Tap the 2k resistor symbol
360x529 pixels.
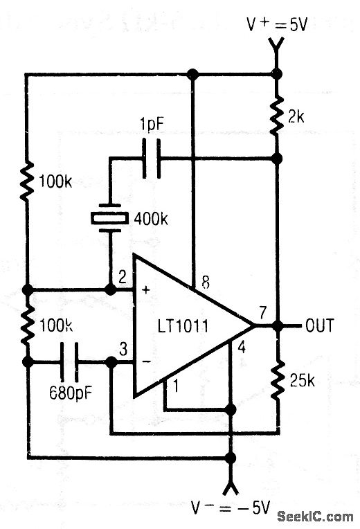coord(277,116)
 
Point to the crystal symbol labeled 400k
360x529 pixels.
coord(109,217)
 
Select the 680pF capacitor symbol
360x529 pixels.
coord(71,361)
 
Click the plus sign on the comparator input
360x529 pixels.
coord(145,289)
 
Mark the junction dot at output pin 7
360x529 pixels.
coord(277,325)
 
